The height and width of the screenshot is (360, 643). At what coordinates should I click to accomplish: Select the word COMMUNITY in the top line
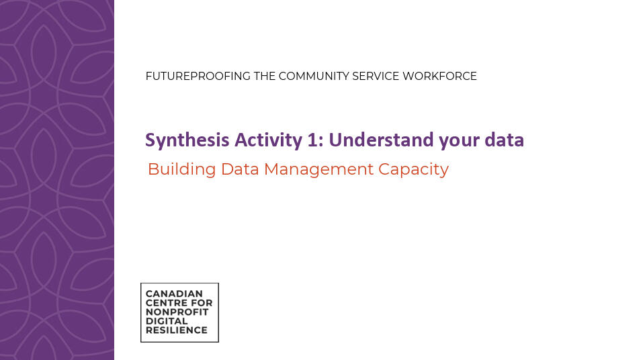click(313, 77)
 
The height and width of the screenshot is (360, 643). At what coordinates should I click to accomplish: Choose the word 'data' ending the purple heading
click(505, 140)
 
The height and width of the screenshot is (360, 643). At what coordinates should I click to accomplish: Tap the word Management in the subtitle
click(319, 169)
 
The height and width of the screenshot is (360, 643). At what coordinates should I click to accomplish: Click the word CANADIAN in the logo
click(169, 294)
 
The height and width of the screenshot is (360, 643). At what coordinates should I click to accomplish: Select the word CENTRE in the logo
click(164, 303)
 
